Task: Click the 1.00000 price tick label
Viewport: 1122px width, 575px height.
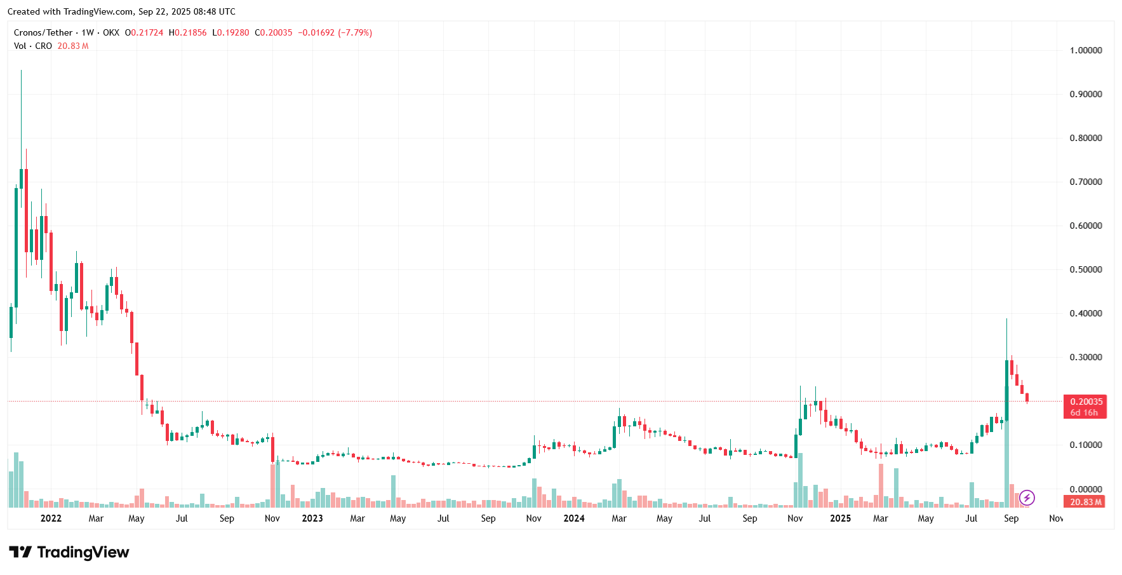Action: click(x=1086, y=50)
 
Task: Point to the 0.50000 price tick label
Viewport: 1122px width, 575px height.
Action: click(x=1086, y=269)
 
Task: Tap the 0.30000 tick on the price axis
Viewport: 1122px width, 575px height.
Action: click(x=1086, y=357)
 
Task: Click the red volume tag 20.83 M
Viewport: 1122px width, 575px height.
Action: click(x=1085, y=502)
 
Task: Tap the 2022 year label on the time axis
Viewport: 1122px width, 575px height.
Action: click(x=51, y=518)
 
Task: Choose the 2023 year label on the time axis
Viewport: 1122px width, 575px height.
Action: click(x=312, y=518)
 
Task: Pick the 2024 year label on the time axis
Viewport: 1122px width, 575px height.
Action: click(x=574, y=518)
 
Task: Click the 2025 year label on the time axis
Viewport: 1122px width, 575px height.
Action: click(x=841, y=518)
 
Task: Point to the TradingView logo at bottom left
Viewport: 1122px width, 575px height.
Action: click(x=69, y=552)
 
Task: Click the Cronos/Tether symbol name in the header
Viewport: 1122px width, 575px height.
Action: click(x=43, y=32)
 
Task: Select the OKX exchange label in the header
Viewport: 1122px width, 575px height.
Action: click(x=111, y=32)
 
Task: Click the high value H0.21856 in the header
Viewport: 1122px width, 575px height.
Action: click(x=187, y=32)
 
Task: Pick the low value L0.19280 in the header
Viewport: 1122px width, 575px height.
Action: click(x=230, y=32)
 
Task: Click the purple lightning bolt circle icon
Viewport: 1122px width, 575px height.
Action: click(x=1027, y=498)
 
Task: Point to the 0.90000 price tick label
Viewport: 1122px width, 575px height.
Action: click(x=1086, y=94)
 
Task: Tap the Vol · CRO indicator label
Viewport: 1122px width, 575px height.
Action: click(x=33, y=46)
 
